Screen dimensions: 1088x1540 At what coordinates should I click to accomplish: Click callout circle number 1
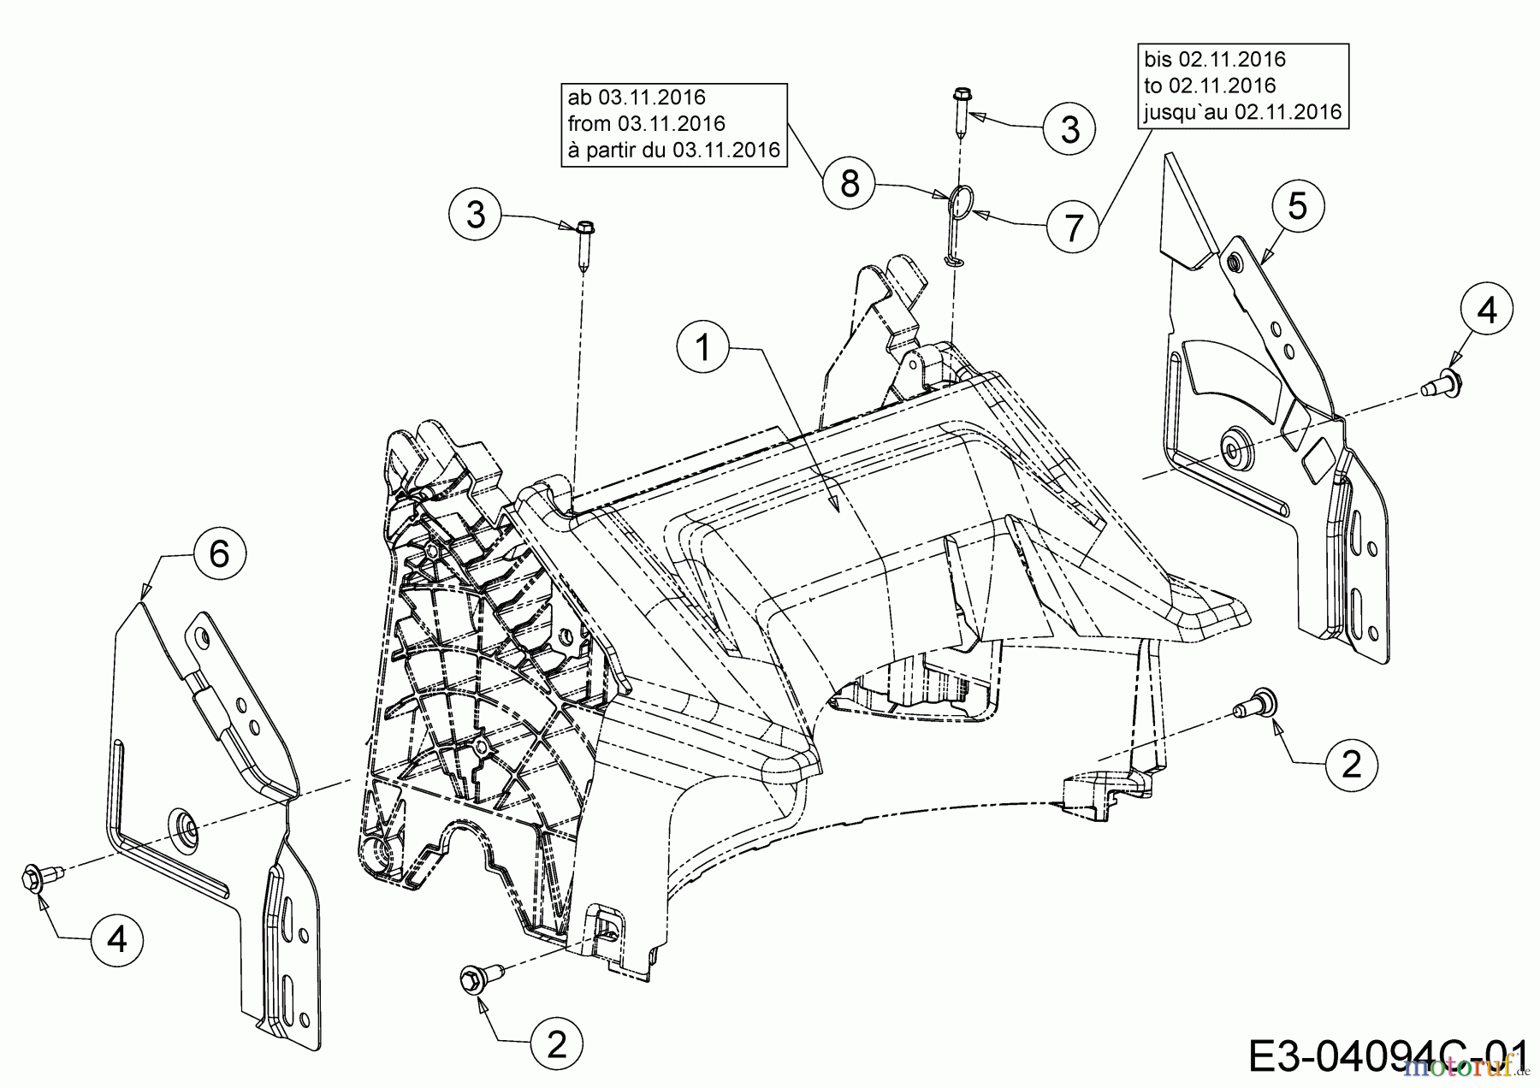(703, 349)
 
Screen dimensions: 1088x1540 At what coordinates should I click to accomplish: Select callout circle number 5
(1298, 206)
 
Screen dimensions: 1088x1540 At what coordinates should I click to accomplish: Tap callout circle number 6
(219, 554)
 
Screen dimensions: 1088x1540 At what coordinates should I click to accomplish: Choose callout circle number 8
(850, 183)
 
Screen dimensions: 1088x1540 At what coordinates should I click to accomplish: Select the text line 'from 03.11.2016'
(646, 124)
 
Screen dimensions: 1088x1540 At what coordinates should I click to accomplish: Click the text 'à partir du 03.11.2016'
(673, 151)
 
